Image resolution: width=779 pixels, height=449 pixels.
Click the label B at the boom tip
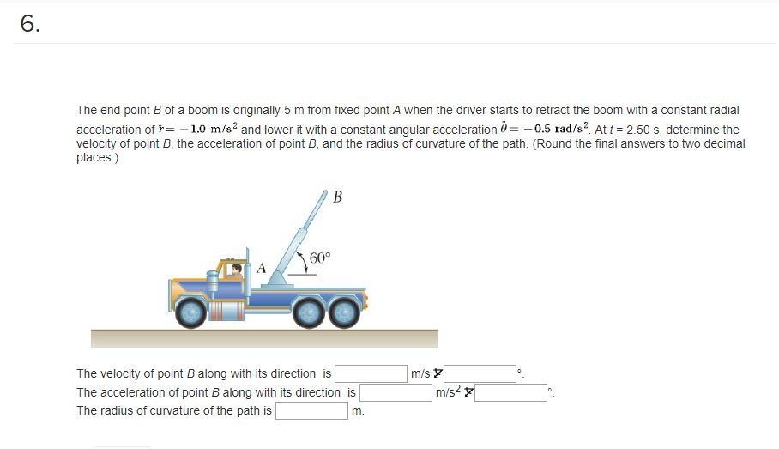336,198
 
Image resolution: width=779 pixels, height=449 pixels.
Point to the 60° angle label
319,258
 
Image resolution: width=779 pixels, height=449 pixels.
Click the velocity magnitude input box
371,373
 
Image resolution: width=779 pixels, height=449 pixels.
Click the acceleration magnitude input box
396,392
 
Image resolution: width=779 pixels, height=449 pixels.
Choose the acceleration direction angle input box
511,392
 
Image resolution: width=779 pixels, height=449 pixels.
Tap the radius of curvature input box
311,410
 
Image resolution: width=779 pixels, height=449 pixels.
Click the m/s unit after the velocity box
420,373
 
